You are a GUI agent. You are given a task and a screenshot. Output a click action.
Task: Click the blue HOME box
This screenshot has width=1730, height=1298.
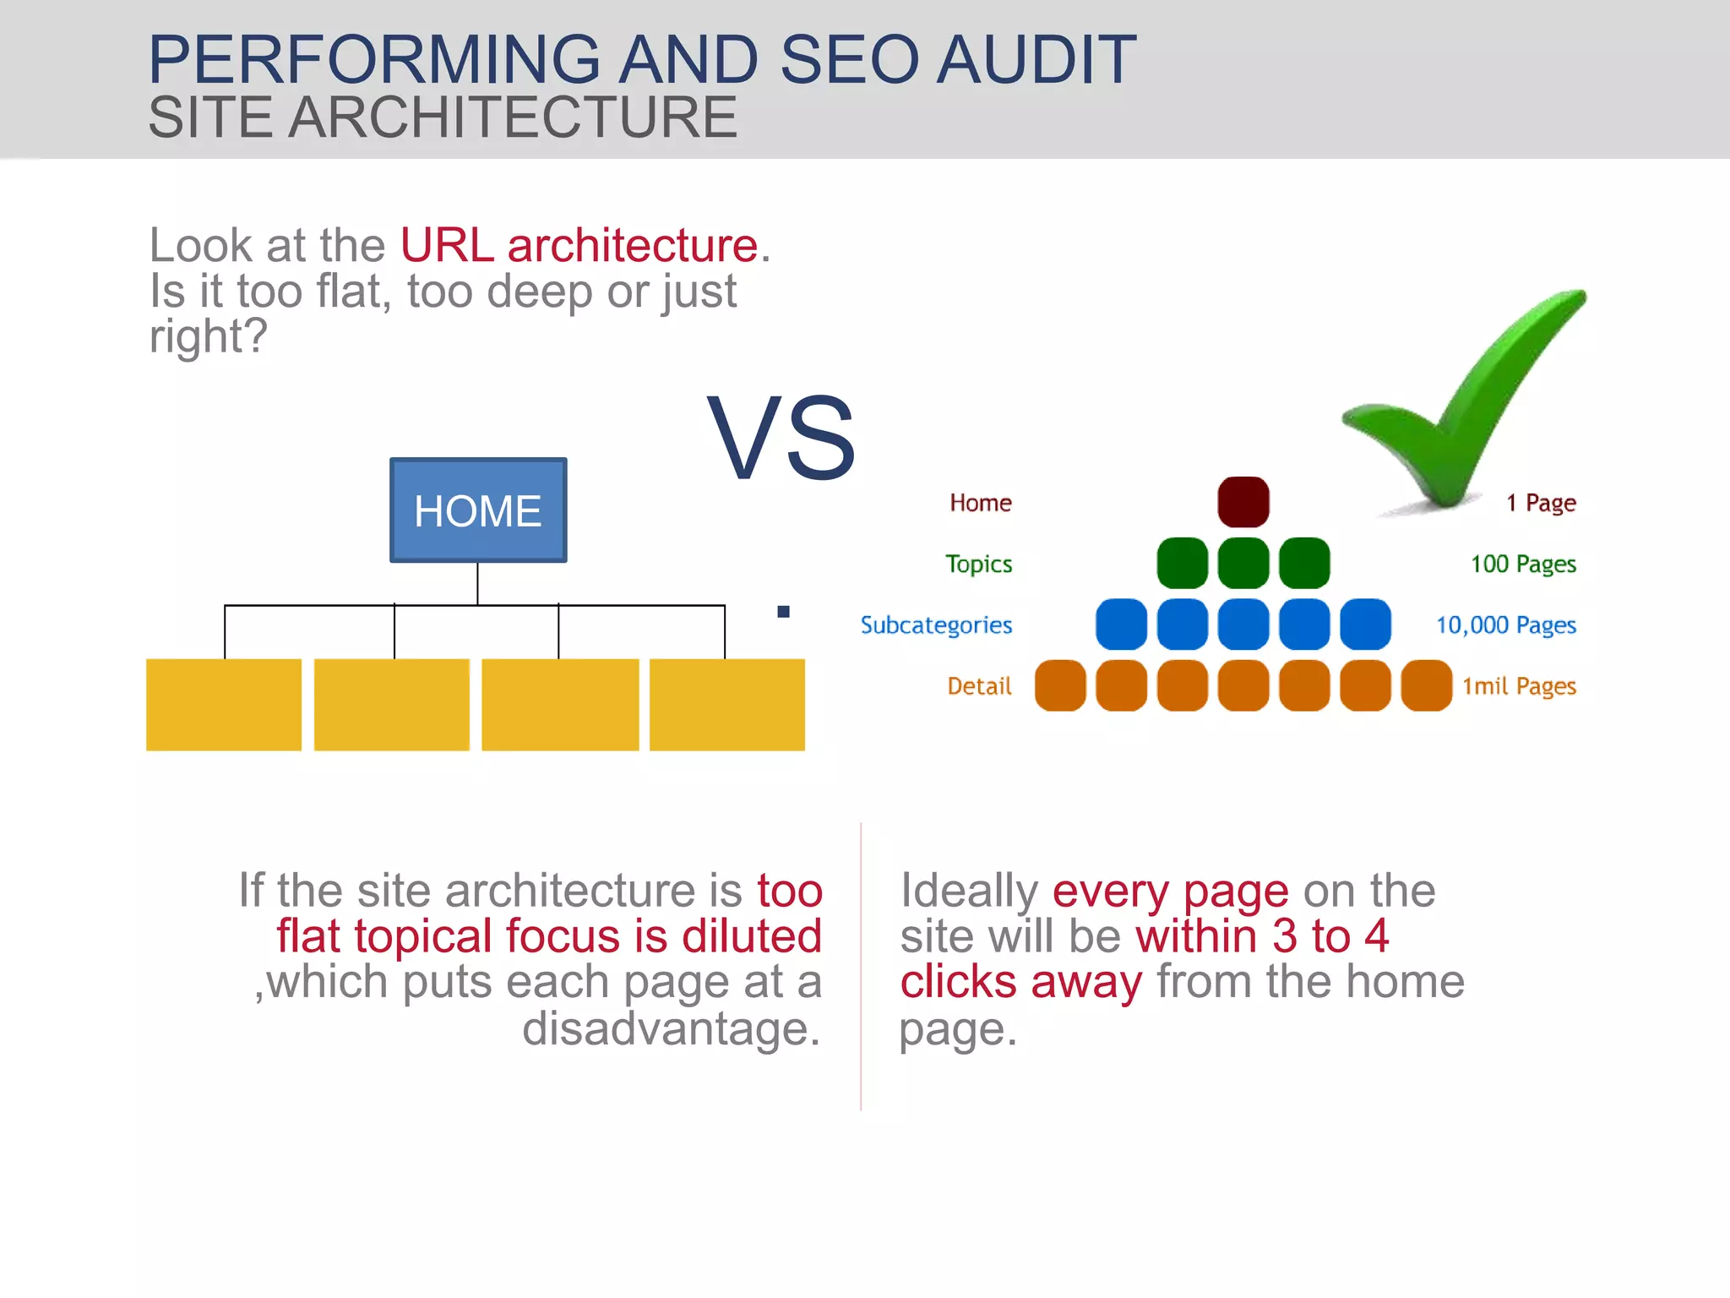point(478,510)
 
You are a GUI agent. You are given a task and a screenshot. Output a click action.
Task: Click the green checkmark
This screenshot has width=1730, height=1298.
point(1466,397)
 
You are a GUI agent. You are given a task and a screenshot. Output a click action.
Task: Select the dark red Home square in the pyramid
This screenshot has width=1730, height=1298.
point(1243,502)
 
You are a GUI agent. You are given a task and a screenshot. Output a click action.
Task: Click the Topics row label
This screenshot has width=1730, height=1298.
point(978,564)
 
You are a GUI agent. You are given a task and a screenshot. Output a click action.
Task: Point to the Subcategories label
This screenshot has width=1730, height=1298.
point(936,625)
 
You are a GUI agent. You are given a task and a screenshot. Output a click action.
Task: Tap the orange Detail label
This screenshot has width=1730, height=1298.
point(979,686)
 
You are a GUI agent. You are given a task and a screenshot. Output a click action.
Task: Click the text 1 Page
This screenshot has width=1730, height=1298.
point(1541,503)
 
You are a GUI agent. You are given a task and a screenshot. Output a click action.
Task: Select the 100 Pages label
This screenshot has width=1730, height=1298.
point(1523,564)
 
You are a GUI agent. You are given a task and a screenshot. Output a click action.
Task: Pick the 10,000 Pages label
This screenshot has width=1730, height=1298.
point(1506,625)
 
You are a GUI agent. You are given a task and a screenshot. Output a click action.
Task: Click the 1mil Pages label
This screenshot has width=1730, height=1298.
point(1519,686)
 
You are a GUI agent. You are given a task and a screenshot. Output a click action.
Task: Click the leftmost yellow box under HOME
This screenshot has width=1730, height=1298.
point(224,705)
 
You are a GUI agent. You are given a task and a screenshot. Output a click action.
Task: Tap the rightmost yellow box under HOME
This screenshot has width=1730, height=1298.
point(727,705)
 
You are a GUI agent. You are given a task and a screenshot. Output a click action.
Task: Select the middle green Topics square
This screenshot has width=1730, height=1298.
point(1243,563)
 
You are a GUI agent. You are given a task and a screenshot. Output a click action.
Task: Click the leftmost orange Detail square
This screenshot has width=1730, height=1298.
point(1060,685)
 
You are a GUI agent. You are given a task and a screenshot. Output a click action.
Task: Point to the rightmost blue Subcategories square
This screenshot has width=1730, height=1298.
point(1365,624)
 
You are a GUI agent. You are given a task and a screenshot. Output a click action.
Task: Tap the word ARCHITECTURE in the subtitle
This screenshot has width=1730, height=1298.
point(513,117)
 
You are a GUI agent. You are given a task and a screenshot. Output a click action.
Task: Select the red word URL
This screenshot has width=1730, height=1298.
point(447,246)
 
